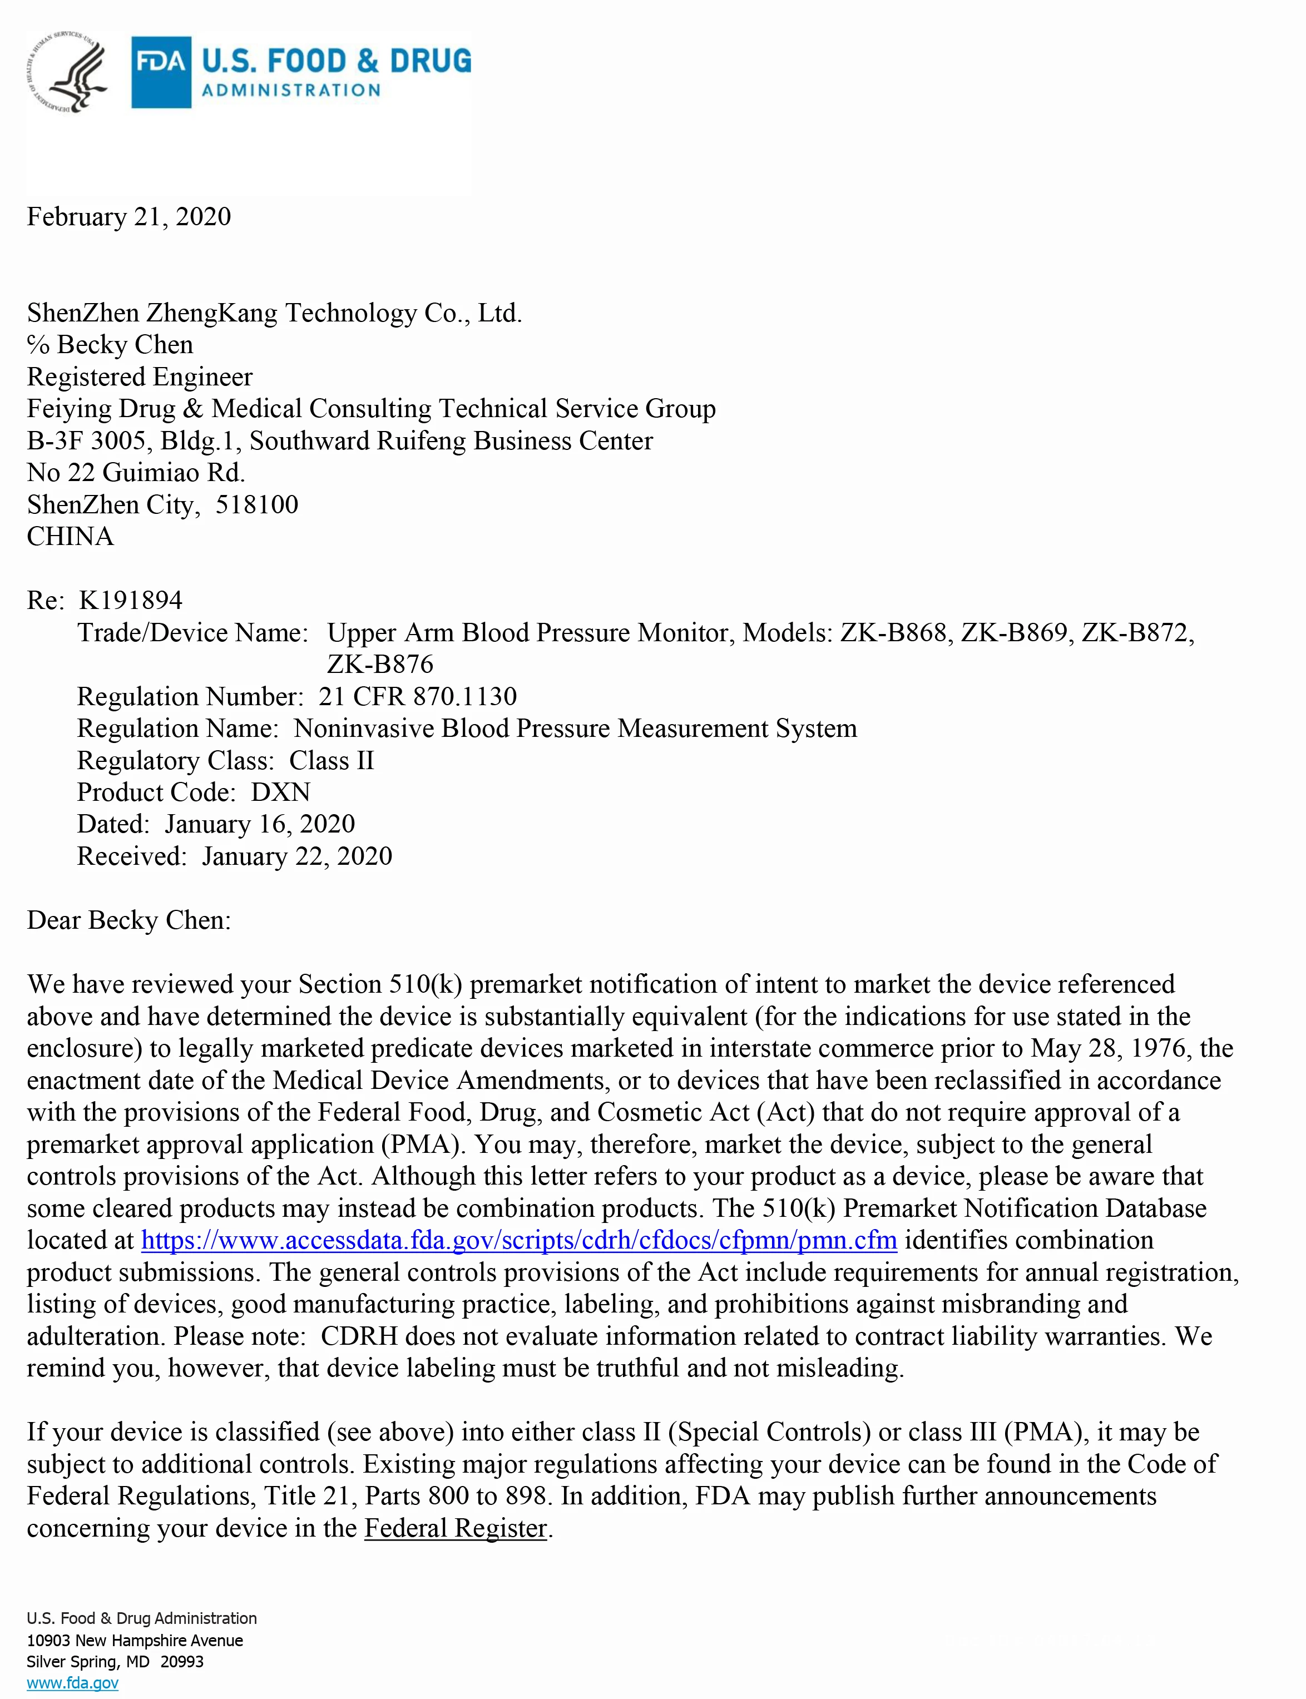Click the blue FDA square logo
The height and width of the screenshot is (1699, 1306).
(x=161, y=72)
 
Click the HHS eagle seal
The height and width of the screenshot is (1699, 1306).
(x=68, y=72)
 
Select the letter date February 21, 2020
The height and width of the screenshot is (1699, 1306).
(x=129, y=217)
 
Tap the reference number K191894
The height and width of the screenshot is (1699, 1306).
(x=131, y=600)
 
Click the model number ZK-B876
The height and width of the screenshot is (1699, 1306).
(x=380, y=665)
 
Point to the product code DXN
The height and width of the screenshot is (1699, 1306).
(x=281, y=792)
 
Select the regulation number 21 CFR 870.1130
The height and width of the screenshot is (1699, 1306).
(x=418, y=696)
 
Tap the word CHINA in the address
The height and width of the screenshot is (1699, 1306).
(x=71, y=536)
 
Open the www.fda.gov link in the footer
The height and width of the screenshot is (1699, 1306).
(x=72, y=1683)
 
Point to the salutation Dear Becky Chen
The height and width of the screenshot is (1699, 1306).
(x=129, y=920)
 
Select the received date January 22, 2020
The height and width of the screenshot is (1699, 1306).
(x=297, y=856)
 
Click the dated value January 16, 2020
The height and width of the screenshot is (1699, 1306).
(x=260, y=824)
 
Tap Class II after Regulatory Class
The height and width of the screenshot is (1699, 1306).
(x=332, y=760)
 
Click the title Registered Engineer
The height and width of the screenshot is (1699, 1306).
(x=140, y=377)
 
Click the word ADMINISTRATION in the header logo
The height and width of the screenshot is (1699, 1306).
(x=291, y=90)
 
